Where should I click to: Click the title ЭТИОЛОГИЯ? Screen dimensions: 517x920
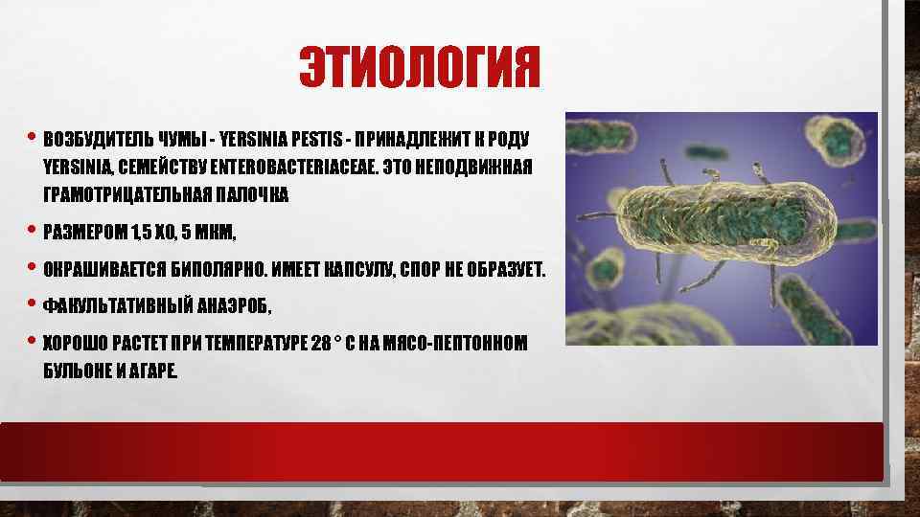(x=420, y=68)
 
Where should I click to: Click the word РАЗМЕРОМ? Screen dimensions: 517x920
(x=82, y=234)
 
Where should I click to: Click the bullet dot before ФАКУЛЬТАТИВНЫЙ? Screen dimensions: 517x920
(x=34, y=304)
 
